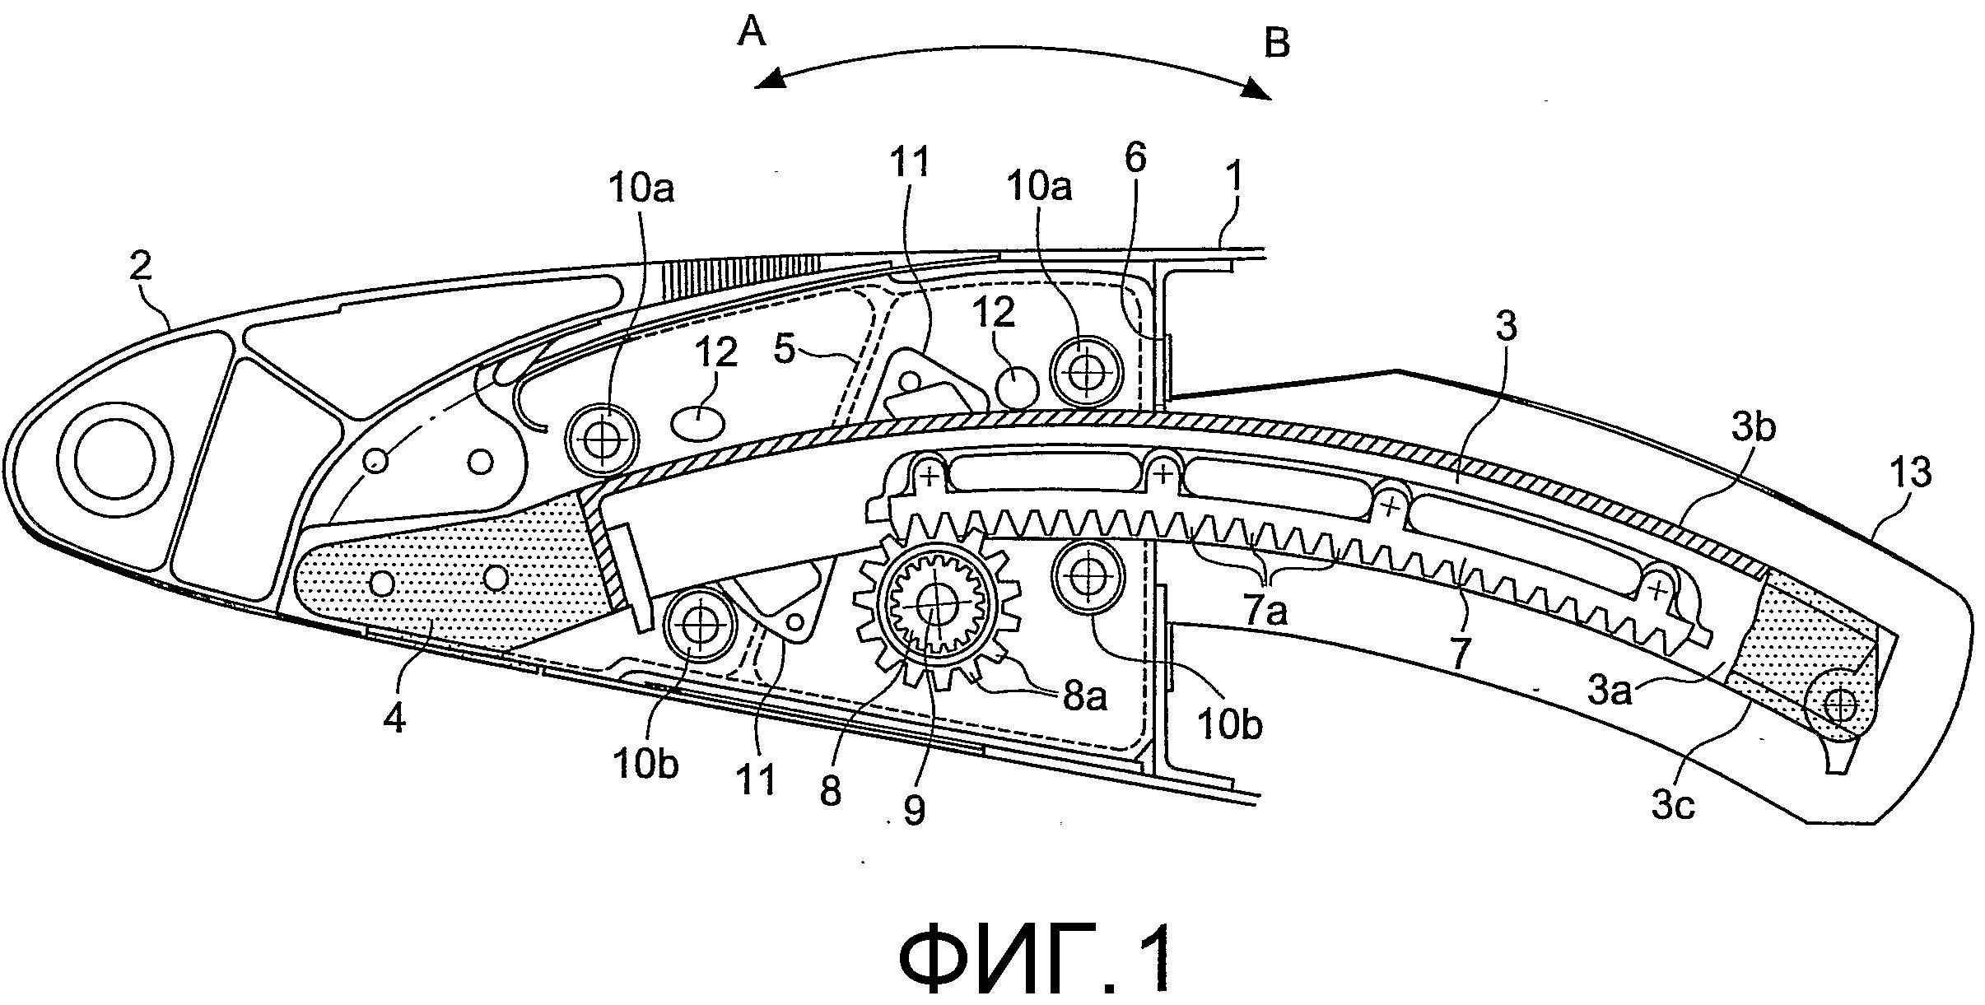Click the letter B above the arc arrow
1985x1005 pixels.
click(1277, 43)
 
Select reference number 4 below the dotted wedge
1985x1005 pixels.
click(396, 720)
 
